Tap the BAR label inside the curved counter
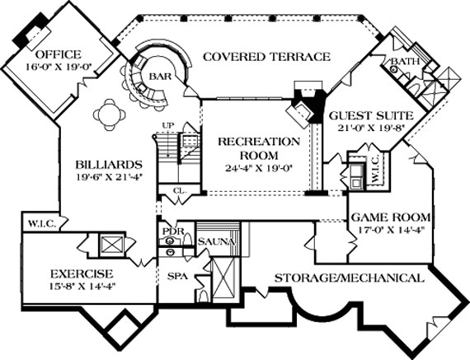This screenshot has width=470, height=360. (x=159, y=76)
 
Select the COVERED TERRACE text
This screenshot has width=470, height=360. (x=266, y=57)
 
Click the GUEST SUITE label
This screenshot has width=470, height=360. (x=364, y=115)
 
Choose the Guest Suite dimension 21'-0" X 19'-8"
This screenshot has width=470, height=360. (x=365, y=128)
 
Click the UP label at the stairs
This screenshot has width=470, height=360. (x=169, y=125)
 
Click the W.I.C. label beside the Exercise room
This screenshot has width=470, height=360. (x=39, y=222)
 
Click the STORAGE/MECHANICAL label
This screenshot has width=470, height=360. (x=350, y=278)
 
